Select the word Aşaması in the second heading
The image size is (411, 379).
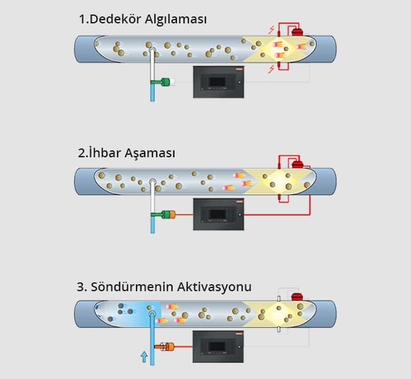(150, 153)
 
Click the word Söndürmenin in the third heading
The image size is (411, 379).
(126, 287)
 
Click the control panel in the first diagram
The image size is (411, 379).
(218, 82)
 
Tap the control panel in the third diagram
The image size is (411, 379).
(218, 346)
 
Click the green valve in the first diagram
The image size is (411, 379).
(169, 81)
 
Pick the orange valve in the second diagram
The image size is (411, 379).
(169, 215)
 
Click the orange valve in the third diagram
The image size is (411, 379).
(169, 346)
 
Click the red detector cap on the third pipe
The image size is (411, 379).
(297, 296)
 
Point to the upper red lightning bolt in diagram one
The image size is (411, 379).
(271, 30)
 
